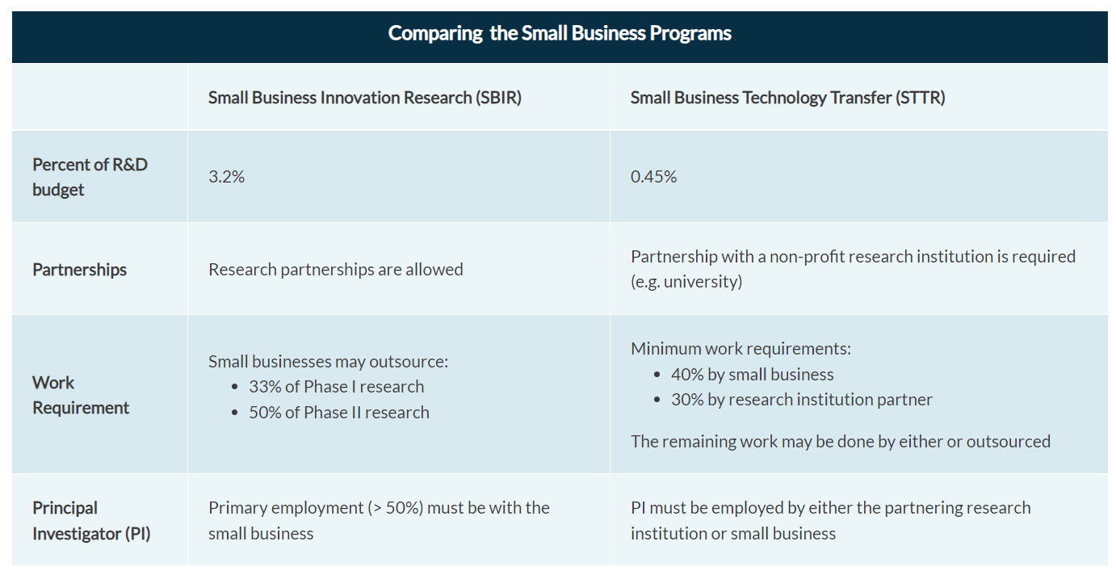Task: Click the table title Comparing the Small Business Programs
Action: coord(560,33)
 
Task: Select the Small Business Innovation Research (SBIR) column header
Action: coord(365,98)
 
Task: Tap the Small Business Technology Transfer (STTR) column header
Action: coord(787,98)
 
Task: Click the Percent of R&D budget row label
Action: coord(90,177)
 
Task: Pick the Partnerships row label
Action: coord(79,270)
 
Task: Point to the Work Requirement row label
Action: coord(80,395)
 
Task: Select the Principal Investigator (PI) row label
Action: coord(91,521)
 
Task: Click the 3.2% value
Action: coord(226,177)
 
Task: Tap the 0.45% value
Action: coord(653,177)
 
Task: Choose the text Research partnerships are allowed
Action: coord(335,270)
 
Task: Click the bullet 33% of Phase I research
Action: coord(336,387)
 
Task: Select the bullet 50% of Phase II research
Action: coord(338,413)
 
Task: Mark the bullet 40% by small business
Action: coord(752,375)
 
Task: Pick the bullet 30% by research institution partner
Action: coord(801,400)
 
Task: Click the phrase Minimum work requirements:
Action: coord(741,350)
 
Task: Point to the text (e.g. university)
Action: coord(686,283)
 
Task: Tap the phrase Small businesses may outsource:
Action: coord(328,362)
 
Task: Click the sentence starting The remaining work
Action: coord(840,442)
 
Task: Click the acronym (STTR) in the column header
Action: coord(921,98)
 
